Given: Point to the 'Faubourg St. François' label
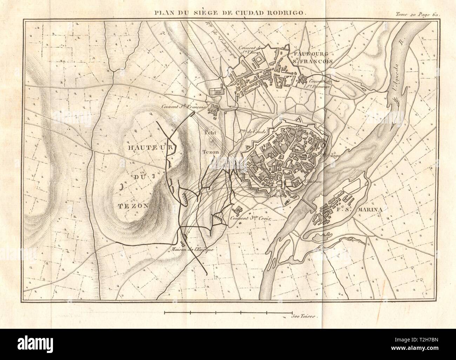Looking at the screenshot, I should coord(311,58).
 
